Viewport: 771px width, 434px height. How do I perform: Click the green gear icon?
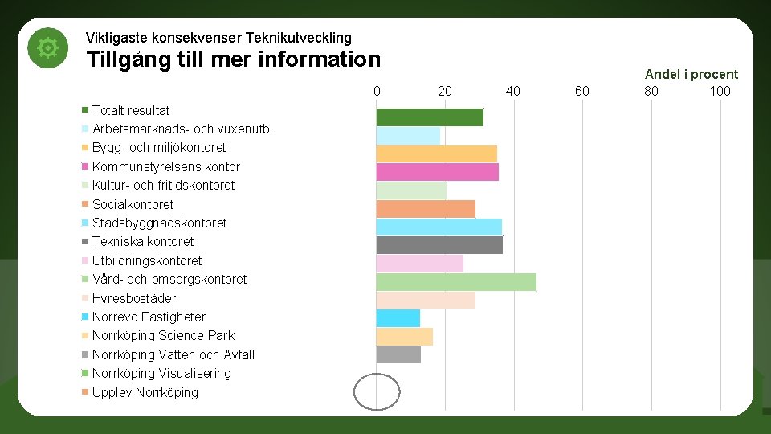[48, 48]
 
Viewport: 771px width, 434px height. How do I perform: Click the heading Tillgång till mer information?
[233, 59]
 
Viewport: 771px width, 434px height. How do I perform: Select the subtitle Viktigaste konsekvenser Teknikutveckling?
[218, 38]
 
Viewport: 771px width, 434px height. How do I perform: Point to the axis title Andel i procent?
[691, 74]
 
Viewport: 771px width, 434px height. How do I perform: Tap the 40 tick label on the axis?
[513, 91]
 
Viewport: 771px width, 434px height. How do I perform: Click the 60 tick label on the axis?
[581, 91]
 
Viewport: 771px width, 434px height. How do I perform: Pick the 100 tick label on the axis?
[720, 91]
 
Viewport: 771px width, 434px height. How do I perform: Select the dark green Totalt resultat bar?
[430, 117]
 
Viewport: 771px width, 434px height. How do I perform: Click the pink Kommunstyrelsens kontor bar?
[437, 172]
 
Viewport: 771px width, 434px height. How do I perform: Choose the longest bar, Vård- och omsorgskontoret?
[455, 282]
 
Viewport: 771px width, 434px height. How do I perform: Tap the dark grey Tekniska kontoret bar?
[439, 245]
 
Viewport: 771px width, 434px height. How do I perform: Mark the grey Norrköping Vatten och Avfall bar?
[398, 354]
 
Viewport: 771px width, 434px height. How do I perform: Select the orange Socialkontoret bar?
[426, 209]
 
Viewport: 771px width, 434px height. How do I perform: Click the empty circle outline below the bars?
[377, 392]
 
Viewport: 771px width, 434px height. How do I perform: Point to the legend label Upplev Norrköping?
[145, 392]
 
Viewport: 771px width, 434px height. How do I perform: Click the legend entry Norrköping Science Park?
[163, 336]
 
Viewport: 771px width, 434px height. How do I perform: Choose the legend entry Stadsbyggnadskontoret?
[159, 223]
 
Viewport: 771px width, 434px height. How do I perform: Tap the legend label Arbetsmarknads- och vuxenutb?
[182, 129]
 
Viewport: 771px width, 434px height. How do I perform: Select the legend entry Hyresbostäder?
[133, 298]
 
